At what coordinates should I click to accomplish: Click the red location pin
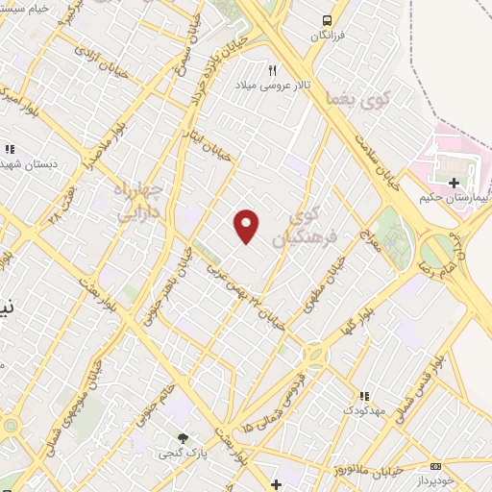click(247, 226)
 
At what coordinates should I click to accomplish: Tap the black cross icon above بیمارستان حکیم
click(454, 182)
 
